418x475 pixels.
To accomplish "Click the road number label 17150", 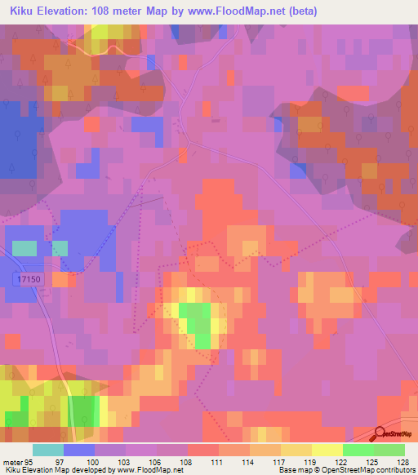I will coord(28,279).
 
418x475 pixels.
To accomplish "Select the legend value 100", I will coord(110,460).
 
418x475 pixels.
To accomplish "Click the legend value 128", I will coord(402,460).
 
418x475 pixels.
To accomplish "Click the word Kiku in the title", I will coord(24,11).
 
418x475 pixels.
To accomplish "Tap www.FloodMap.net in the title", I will coord(236,11).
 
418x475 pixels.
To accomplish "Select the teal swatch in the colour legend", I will coord(48,449).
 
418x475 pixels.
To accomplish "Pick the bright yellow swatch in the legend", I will coord(327,449).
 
